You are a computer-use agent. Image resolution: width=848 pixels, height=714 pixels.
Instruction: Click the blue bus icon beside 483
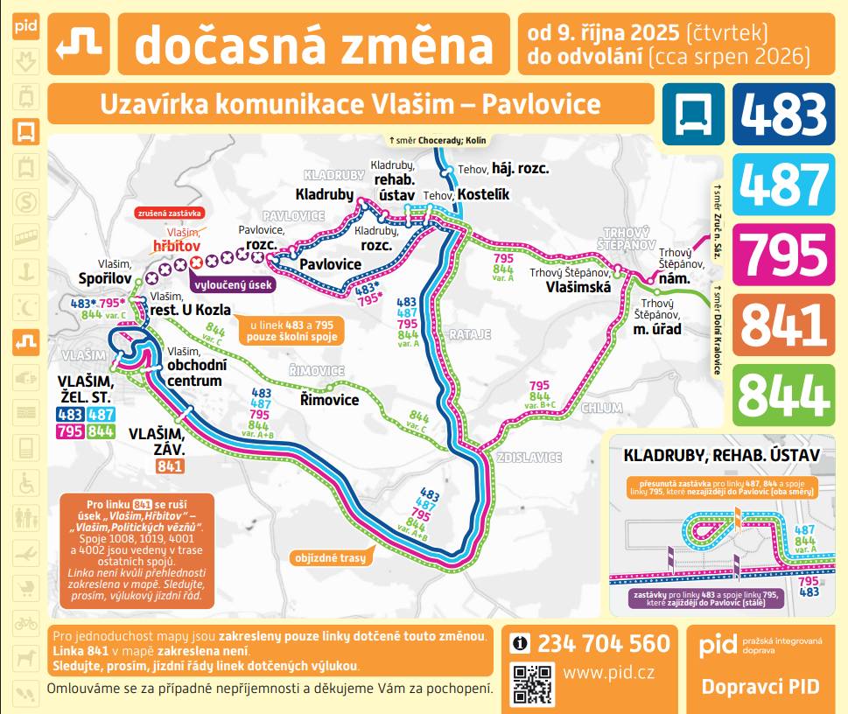coord(693,114)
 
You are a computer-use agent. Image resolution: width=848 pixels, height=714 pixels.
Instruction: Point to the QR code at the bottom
coord(533,683)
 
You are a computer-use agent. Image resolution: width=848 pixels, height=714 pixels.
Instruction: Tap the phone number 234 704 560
coord(603,644)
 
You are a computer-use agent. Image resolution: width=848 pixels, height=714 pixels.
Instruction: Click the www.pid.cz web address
coord(610,674)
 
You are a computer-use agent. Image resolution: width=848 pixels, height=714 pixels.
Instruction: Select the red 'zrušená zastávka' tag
coord(169,213)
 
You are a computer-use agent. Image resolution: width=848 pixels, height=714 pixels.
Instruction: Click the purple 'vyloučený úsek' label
coord(233,284)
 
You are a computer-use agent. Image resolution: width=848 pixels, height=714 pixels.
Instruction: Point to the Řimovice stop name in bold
coord(329,400)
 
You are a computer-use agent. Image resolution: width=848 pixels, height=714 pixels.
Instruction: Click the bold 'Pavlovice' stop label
coord(330,263)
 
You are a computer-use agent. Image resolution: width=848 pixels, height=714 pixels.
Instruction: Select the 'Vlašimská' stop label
coord(578,286)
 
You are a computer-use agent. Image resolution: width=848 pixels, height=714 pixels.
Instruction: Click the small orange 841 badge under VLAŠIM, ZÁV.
coord(170,466)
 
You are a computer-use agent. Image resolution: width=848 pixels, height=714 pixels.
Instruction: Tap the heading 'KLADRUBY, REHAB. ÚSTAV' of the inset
coord(720,455)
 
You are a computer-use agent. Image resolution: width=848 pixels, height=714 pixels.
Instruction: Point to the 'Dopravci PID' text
coord(760,686)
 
